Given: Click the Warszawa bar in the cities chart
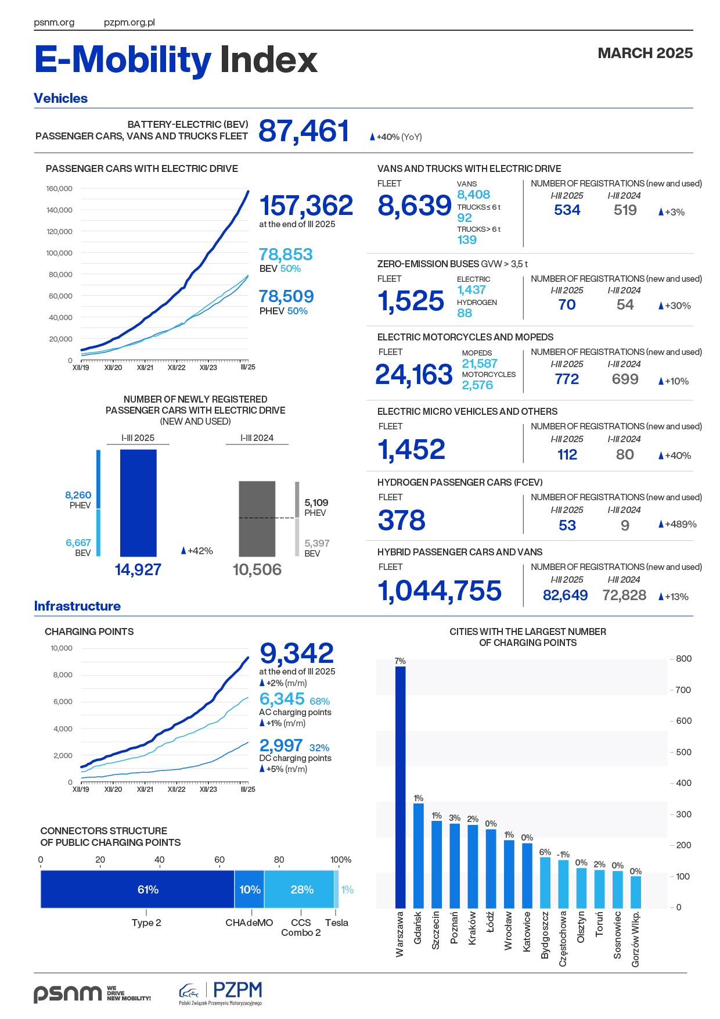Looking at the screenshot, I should tap(400, 787).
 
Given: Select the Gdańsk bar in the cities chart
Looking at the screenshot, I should tap(418, 855).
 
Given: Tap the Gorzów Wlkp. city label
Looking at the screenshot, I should tap(636, 939).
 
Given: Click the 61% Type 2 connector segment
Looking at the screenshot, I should tap(138, 889).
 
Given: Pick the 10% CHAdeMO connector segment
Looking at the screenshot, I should tap(250, 889).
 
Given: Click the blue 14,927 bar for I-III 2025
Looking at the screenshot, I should tap(138, 503).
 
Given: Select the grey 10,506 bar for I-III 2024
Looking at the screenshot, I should tap(257, 519).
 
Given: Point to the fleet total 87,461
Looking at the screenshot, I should tap(304, 131).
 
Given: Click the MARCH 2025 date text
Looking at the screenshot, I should tap(645, 53).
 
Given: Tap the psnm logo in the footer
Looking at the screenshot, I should tap(68, 993).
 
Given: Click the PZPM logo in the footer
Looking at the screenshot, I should tap(221, 992).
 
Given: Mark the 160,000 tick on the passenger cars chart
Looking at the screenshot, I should tap(59, 189).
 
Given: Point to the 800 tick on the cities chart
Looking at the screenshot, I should tap(683, 659).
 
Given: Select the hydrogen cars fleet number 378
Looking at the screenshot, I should tap(402, 521).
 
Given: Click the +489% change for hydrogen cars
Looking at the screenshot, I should tap(678, 524).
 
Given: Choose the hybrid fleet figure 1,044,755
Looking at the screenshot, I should tap(440, 591).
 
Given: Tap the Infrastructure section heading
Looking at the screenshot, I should tap(77, 606).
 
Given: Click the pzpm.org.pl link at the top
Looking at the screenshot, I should tap(129, 23).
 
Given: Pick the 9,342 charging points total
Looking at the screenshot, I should tap(297, 654).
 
